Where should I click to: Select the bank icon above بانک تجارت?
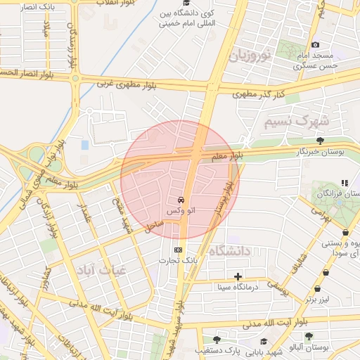click(x=176, y=250)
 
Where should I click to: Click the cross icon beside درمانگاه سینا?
click(x=238, y=276)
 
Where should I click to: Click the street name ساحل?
click(x=155, y=226)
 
